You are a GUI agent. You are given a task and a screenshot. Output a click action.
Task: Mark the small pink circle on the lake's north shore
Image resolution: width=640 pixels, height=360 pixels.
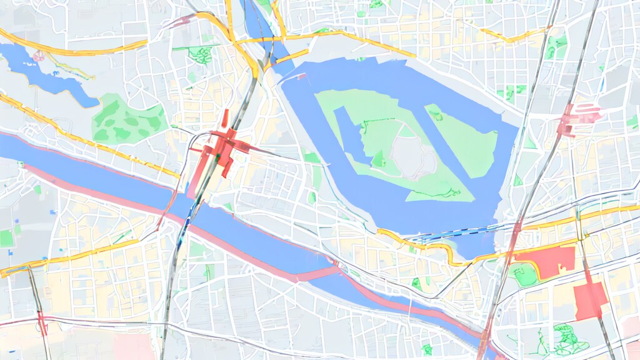[39, 56]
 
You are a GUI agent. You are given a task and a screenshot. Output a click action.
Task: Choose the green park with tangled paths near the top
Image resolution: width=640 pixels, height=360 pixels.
[200, 55]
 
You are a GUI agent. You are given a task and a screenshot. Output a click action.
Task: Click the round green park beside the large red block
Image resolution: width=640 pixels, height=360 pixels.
[524, 274]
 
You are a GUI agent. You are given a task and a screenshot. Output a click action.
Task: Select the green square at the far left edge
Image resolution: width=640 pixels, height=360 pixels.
[6, 238]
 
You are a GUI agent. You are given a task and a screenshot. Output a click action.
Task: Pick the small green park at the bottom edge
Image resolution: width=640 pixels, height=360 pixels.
[427, 349]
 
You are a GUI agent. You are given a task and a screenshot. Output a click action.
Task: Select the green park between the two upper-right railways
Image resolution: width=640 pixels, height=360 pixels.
[555, 47]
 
